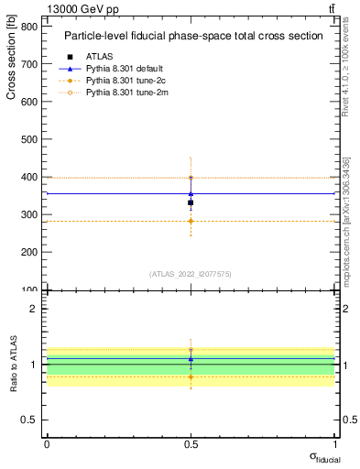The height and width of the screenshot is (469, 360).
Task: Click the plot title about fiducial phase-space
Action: pyautogui.click(x=193, y=36)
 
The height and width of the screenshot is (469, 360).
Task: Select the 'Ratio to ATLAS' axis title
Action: pyautogui.click(x=12, y=365)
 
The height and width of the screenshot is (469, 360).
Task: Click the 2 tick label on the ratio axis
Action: pyautogui.click(x=33, y=309)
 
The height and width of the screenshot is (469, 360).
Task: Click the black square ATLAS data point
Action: pyautogui.click(x=191, y=202)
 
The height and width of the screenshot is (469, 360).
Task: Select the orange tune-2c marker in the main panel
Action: pyautogui.click(x=191, y=221)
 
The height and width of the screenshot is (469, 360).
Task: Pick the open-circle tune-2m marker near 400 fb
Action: pyautogui.click(x=191, y=178)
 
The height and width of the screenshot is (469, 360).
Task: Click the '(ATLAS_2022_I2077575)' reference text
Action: pyautogui.click(x=191, y=274)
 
